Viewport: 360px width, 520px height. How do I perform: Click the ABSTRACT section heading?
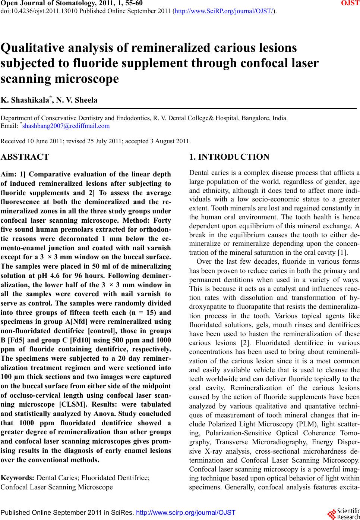click(x=25, y=157)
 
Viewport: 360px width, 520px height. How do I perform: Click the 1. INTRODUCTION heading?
click(x=229, y=157)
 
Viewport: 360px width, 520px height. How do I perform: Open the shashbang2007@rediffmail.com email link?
click(x=66, y=126)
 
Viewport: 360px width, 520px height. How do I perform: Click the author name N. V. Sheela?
click(x=78, y=100)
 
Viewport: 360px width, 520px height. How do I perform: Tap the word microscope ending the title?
click(x=87, y=79)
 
